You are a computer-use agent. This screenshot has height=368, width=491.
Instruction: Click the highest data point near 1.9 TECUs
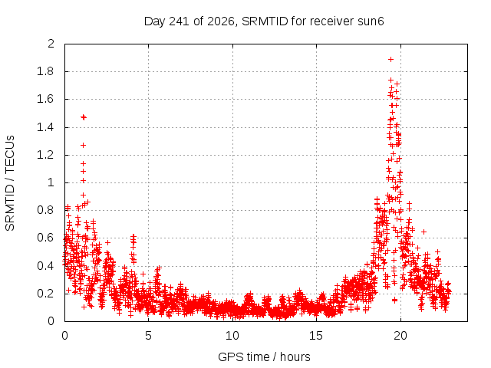click(390, 60)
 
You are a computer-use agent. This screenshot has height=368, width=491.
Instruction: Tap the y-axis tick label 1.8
click(45, 71)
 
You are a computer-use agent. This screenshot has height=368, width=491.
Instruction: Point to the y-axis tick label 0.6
click(45, 238)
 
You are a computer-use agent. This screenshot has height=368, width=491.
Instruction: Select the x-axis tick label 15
click(316, 336)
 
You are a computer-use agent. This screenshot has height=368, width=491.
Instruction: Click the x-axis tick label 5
click(148, 336)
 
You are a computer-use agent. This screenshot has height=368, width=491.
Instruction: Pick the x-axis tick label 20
click(400, 336)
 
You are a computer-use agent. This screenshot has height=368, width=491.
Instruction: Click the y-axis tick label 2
click(51, 44)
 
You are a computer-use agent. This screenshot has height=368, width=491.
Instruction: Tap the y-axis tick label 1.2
click(45, 155)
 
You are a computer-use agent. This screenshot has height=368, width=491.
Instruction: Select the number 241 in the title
click(179, 21)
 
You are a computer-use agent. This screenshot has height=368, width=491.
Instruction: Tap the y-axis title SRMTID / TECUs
click(10, 183)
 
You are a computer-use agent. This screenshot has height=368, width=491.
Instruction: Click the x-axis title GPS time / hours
click(264, 357)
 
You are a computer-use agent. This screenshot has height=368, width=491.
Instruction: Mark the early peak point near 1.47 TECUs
click(84, 117)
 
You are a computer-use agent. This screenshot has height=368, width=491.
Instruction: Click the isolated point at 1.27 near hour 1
click(83, 145)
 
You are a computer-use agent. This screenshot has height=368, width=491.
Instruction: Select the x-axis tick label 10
click(232, 336)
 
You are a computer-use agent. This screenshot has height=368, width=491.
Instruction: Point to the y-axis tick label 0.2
click(45, 294)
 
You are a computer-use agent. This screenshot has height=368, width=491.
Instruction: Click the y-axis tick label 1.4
click(45, 127)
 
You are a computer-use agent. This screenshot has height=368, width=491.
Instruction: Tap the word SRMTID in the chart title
click(265, 21)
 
